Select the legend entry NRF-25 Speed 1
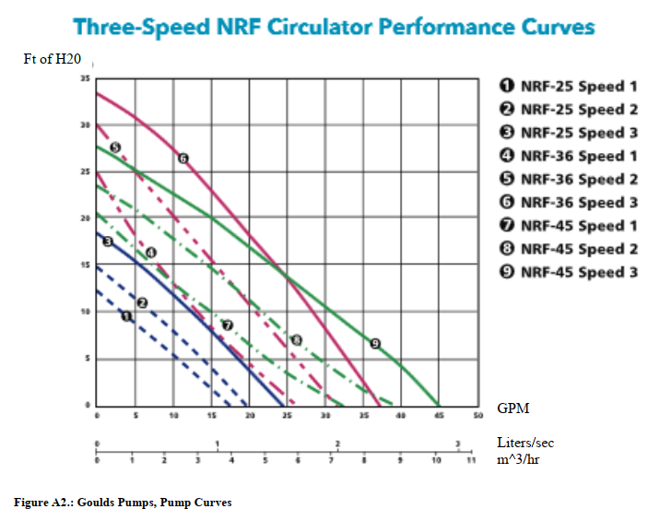tap(569, 87)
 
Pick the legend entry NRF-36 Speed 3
tap(569, 203)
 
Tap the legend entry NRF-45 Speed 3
tap(569, 273)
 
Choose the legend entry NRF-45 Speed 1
tap(569, 226)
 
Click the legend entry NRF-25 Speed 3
tap(569, 133)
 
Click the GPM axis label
tap(513, 408)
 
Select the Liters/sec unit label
tap(525, 443)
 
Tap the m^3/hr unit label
tap(518, 458)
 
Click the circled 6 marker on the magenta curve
tap(183, 159)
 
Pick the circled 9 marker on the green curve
tap(375, 343)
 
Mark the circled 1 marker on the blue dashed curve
tap(127, 316)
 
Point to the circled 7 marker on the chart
tap(228, 326)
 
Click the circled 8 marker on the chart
tap(296, 340)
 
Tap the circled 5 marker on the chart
tap(115, 148)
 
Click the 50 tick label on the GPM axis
tap(477, 417)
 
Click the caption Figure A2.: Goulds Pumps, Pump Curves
tap(123, 503)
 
